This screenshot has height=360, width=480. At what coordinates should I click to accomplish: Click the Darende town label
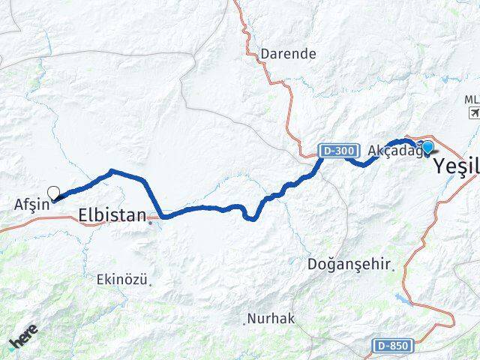(x=288, y=54)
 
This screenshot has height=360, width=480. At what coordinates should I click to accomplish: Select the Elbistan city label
(x=112, y=215)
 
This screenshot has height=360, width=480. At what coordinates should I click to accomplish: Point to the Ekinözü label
(x=121, y=279)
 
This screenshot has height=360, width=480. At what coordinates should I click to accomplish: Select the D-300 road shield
(x=336, y=151)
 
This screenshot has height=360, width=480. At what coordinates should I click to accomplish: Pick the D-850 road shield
(x=392, y=345)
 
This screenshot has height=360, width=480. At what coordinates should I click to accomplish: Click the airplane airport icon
(x=473, y=112)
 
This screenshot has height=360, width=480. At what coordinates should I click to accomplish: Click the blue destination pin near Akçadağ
(x=427, y=147)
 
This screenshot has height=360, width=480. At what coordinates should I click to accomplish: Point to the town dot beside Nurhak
(x=244, y=323)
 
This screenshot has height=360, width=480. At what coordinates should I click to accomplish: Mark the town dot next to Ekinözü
(x=151, y=283)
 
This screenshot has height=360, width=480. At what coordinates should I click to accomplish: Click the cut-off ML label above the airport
(x=472, y=99)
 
